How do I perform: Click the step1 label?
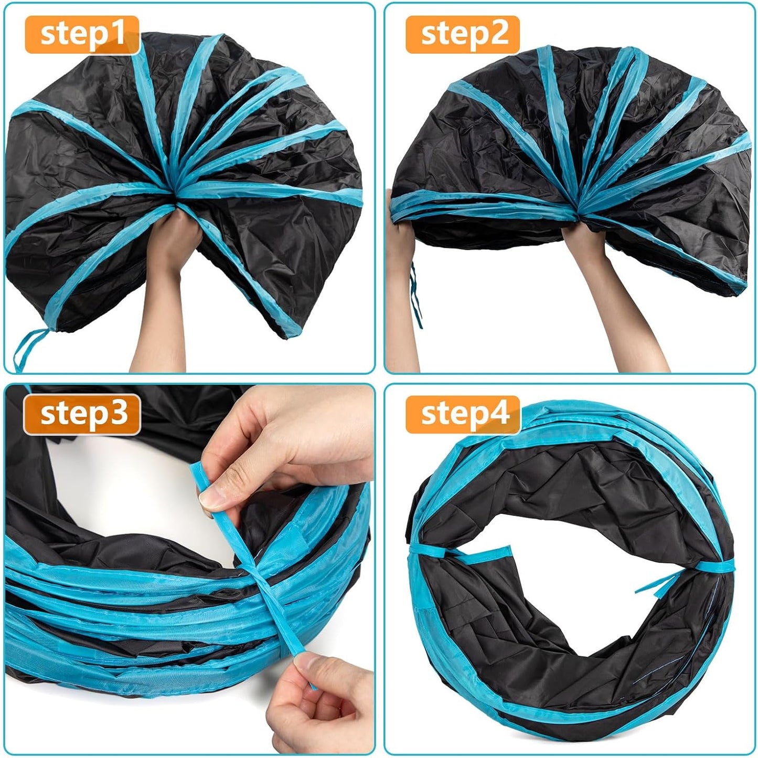point(82,35)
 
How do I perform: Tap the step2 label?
point(463,35)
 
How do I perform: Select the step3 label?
point(82,414)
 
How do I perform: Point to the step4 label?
point(463,414)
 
